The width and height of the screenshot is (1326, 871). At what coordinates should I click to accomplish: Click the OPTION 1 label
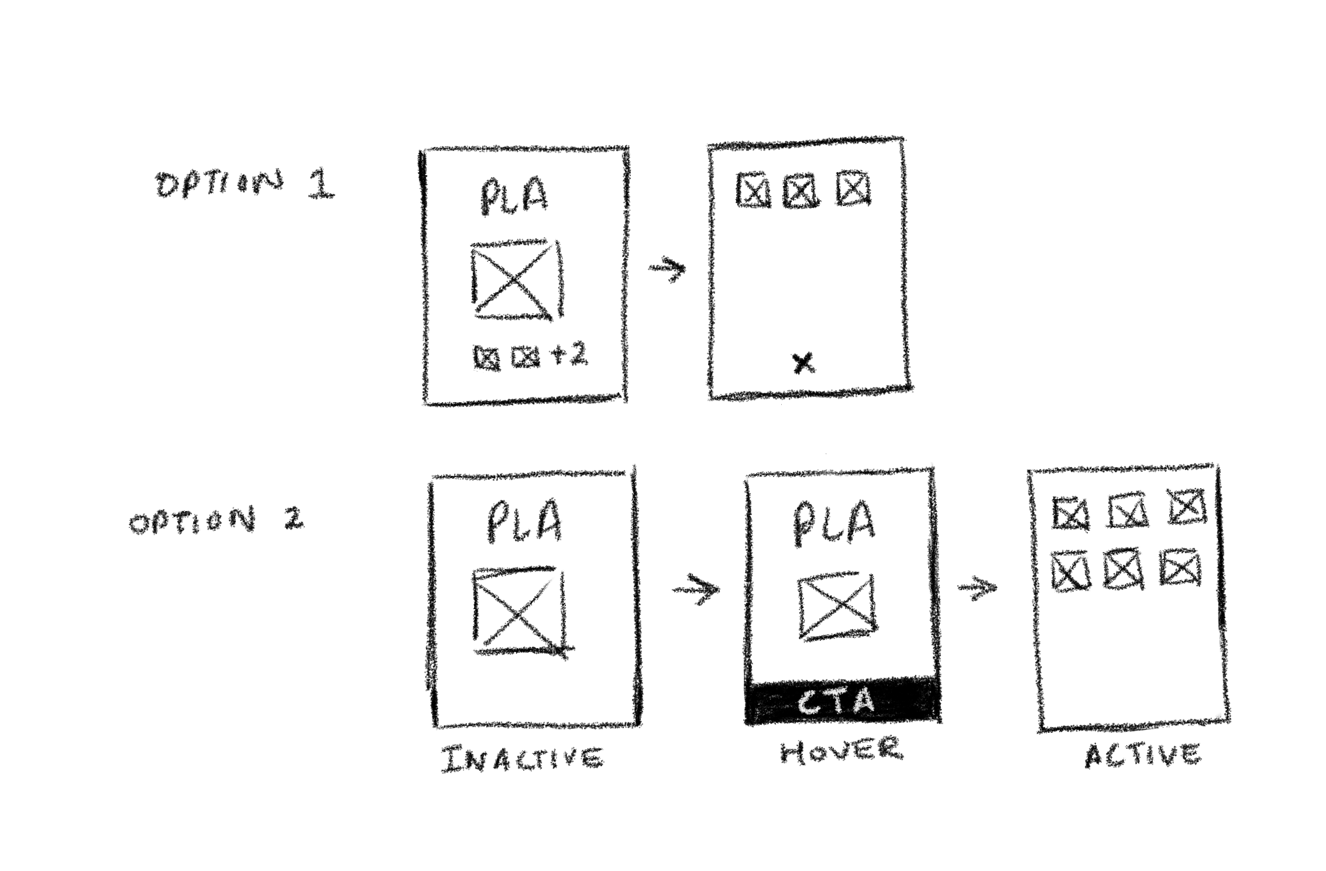[x=245, y=184]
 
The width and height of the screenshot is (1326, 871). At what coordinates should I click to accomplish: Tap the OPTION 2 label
[x=217, y=520]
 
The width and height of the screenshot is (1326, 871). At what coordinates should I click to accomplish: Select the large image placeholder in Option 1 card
[x=516, y=279]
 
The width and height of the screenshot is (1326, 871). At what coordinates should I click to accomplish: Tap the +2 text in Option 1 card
[x=569, y=355]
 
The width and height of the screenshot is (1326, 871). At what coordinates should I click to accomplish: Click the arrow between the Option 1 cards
[x=668, y=269]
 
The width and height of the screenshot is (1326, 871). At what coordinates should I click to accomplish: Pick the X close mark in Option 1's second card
[x=803, y=363]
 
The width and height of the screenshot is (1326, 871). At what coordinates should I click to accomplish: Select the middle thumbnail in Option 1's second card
[x=802, y=190]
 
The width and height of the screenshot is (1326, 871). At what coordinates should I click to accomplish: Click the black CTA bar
[x=841, y=701]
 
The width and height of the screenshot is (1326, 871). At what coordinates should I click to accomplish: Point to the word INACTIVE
[x=521, y=759]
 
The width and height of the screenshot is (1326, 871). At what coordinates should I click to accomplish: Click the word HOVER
[x=841, y=750]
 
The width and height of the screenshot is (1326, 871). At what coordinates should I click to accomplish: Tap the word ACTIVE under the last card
[x=1143, y=755]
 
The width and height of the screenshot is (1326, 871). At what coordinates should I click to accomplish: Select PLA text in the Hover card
[x=833, y=522]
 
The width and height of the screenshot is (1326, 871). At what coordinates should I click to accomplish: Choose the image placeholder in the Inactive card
[x=520, y=610]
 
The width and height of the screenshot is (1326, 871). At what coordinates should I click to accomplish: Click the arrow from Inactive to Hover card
[x=696, y=590]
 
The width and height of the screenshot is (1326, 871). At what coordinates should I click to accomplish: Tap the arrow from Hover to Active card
[x=977, y=588]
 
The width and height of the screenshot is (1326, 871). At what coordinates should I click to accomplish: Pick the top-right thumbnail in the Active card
[x=1186, y=507]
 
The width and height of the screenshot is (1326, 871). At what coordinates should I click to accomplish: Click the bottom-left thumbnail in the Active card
[x=1070, y=572]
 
